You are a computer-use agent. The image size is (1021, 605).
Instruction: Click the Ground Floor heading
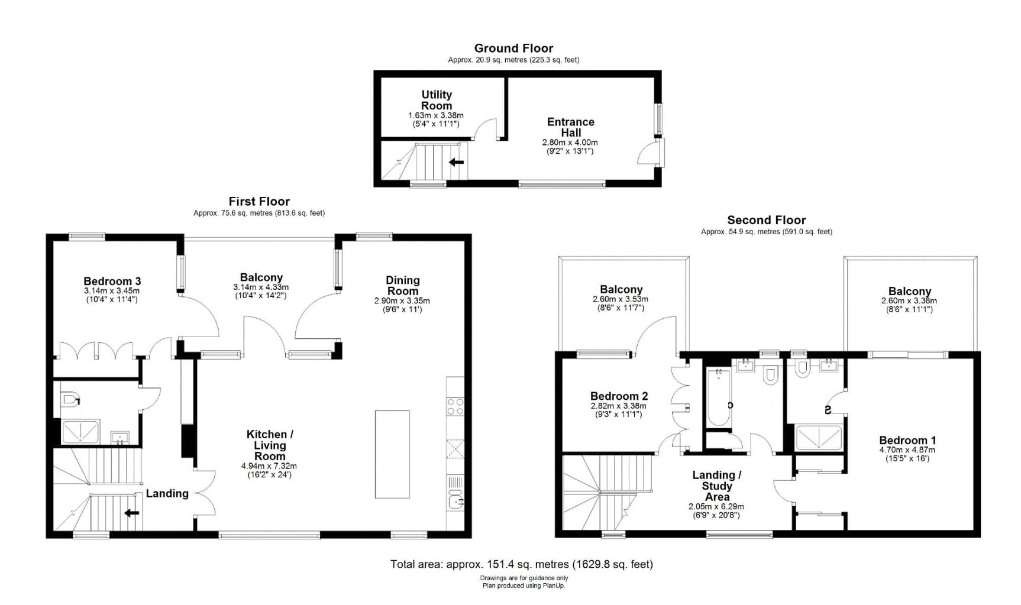513,48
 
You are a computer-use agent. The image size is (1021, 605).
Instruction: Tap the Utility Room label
437,100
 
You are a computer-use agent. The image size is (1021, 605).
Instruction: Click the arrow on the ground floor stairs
456,162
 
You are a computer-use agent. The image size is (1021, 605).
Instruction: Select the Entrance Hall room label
570,127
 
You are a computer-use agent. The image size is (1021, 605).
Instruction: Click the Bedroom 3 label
112,282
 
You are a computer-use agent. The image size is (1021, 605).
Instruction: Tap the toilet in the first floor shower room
69,400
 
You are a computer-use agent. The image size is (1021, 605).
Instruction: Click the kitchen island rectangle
392,454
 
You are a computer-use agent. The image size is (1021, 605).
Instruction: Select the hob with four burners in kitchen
455,406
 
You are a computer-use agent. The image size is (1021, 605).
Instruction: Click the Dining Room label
402,286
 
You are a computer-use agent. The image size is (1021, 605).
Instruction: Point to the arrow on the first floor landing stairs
131,513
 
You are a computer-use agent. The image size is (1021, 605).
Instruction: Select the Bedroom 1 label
907,441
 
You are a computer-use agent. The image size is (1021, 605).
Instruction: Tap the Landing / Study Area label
717,486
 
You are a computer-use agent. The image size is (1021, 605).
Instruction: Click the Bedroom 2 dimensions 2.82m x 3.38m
618,406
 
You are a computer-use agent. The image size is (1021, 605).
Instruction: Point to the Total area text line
521,564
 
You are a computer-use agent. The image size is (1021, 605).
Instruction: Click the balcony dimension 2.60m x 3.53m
620,299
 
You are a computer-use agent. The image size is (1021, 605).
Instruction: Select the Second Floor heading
766,220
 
